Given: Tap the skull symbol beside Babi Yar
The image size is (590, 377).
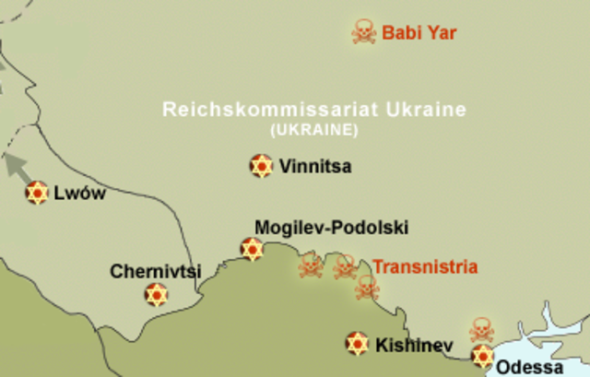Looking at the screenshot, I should (x=364, y=33).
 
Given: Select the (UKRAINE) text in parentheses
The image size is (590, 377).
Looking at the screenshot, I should (x=314, y=130).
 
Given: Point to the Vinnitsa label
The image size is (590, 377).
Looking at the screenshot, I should (x=314, y=167).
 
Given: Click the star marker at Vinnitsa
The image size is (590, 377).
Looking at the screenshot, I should (x=261, y=166).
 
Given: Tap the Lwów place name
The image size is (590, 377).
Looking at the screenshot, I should (x=80, y=194).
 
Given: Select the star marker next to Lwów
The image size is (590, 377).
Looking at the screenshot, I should (x=36, y=193).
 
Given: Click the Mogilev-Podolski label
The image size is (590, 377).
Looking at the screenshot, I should (x=331, y=227).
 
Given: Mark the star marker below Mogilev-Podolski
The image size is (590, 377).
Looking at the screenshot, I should (x=251, y=249).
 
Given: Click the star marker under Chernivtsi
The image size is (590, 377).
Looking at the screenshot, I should (x=156, y=295).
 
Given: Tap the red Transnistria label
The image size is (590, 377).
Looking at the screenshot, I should (x=425, y=267).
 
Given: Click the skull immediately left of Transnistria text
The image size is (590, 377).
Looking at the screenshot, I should (x=345, y=267).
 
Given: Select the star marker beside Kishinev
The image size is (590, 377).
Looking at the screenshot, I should (x=357, y=344).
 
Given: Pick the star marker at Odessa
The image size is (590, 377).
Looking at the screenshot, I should (x=482, y=356).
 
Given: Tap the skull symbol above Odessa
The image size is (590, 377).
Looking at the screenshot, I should (x=481, y=330).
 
